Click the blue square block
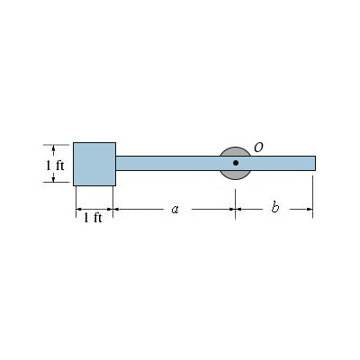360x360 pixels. pyautogui.click(x=94, y=163)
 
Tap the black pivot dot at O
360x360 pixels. pyautogui.click(x=236, y=163)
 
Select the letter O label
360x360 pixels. pyautogui.click(x=258, y=147)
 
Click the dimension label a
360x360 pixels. pyautogui.click(x=175, y=210)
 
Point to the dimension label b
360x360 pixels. pyautogui.click(x=274, y=210)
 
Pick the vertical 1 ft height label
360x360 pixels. pyautogui.click(x=55, y=166)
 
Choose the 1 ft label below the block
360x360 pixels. pyautogui.click(x=93, y=219)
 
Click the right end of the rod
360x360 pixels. pyautogui.click(x=313, y=163)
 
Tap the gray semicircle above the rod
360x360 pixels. pyautogui.click(x=234, y=150)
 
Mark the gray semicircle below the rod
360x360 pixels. pyautogui.click(x=235, y=175)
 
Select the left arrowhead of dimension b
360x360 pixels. pyautogui.click(x=240, y=211)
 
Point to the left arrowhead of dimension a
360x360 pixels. pyautogui.click(x=120, y=211)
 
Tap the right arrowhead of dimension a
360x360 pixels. pyautogui.click(x=231, y=211)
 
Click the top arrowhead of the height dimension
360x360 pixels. pyautogui.click(x=59, y=147)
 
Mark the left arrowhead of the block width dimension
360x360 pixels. pyautogui.click(x=79, y=211)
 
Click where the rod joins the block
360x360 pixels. pyautogui.click(x=115, y=163)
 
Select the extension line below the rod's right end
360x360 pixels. pyautogui.click(x=313, y=193)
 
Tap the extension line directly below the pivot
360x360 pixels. pyautogui.click(x=236, y=196)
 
